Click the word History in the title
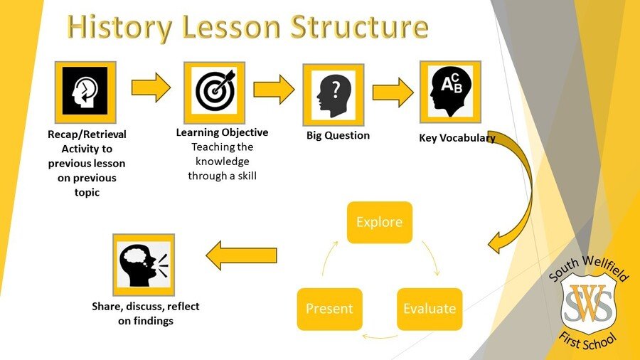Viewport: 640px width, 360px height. tap(119, 27)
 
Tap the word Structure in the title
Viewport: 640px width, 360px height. tap(360, 26)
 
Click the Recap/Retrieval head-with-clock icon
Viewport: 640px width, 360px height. tap(85, 92)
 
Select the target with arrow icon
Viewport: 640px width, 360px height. tap(214, 92)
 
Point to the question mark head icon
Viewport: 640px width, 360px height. tap(334, 95)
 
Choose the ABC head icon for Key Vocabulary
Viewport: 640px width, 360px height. tap(451, 92)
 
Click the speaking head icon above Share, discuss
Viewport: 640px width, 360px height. tap(144, 265)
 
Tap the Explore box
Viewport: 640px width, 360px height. tap(380, 223)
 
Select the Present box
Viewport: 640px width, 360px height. tap(330, 309)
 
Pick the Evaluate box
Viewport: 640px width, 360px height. tap(430, 309)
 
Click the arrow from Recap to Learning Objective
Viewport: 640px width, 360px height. tap(151, 88)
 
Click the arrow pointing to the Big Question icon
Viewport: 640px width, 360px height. tap(274, 90)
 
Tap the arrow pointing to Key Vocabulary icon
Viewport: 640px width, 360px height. tap(393, 92)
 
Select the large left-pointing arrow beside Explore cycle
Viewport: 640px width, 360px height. tap(241, 255)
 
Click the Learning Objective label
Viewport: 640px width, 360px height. tap(222, 132)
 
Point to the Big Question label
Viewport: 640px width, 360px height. tap(338, 135)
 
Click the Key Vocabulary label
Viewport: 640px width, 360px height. tap(457, 138)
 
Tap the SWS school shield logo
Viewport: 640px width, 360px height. tap(588, 300)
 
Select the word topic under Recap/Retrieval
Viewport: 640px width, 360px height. tap(87, 192)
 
